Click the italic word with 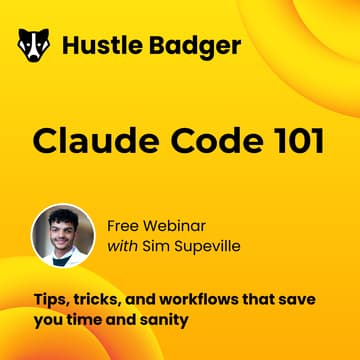[122, 248]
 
